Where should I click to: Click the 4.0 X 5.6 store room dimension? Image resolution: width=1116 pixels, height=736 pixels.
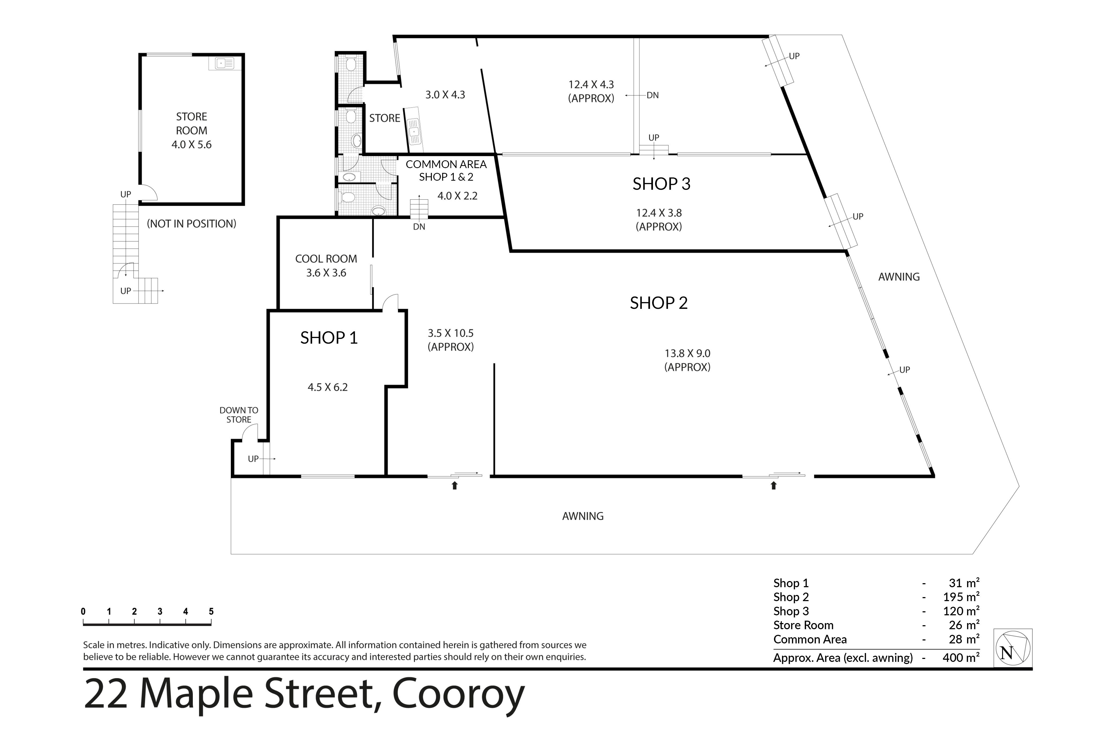click(x=192, y=145)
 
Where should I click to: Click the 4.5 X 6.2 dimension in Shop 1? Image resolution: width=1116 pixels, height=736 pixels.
click(x=328, y=387)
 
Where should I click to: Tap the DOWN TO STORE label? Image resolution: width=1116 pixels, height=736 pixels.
click(x=239, y=415)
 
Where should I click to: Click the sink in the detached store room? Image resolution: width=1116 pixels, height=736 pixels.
click(x=224, y=63)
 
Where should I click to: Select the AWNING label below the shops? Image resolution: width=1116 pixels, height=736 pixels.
click(x=583, y=516)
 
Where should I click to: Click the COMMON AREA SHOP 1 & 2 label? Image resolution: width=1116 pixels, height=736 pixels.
click(x=446, y=171)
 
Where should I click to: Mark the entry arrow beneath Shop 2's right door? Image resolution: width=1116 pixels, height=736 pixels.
click(x=773, y=485)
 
